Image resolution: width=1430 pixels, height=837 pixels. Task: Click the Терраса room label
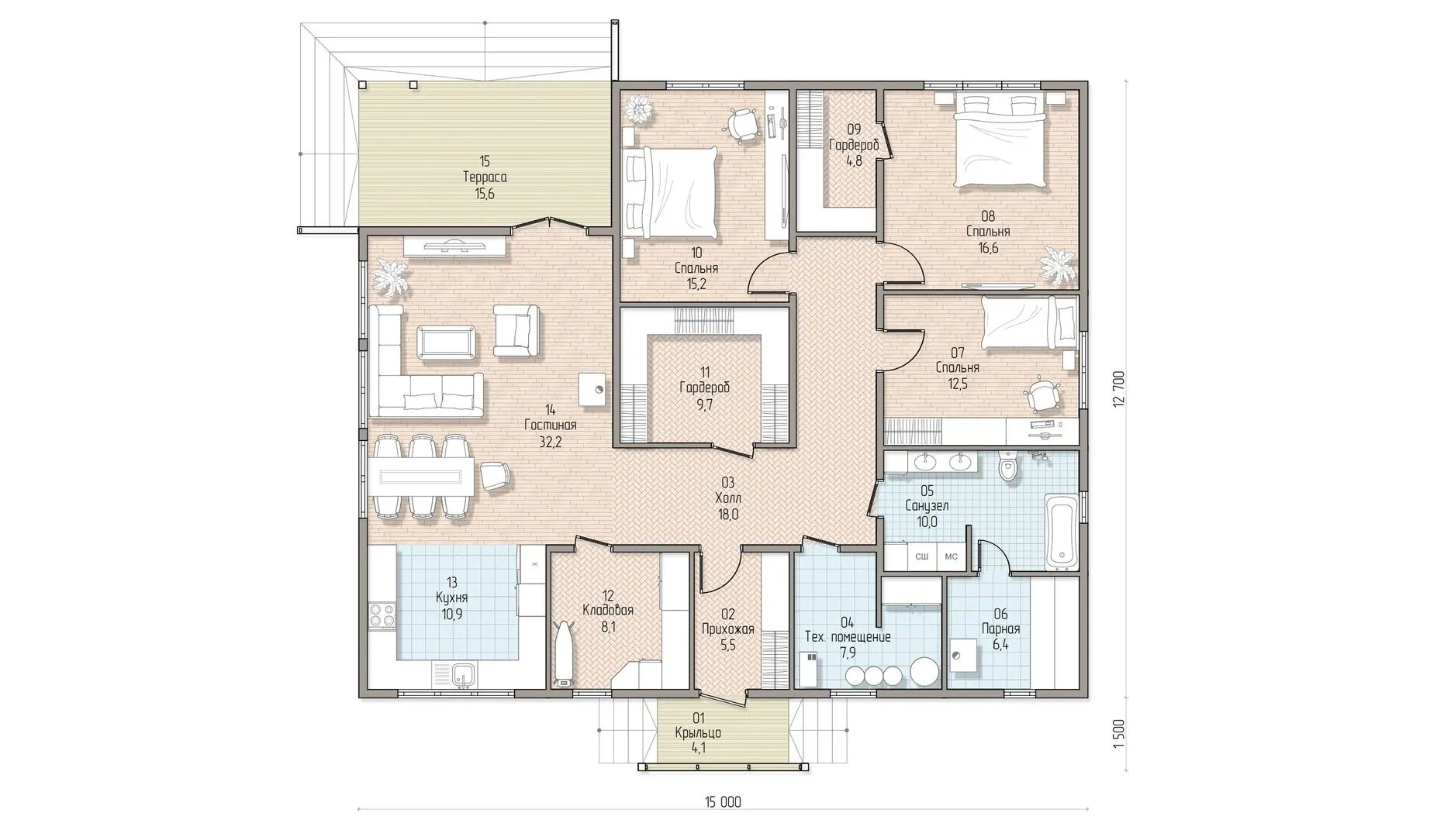485,177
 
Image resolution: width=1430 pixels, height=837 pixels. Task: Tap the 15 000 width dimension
720,803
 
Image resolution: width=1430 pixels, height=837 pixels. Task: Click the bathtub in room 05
1060,530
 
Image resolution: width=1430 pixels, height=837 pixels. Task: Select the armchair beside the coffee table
516,330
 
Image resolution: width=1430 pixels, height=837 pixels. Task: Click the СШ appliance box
922,556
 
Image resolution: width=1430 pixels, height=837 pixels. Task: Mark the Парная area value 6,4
1000,645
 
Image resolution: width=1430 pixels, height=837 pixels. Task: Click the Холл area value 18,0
727,514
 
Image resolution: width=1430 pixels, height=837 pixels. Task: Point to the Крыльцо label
698,732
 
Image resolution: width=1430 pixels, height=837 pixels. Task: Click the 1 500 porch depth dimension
1117,733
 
